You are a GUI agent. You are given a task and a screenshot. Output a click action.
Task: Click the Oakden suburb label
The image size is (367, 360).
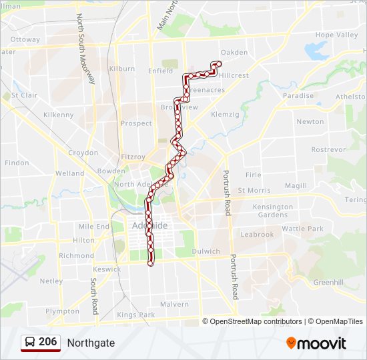(x=234, y=52)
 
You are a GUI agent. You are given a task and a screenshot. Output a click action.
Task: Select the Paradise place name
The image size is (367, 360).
(x=298, y=95)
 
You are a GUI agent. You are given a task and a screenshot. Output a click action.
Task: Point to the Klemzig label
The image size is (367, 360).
(x=225, y=115)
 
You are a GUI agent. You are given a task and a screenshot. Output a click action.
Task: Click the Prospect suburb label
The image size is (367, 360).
(x=136, y=123)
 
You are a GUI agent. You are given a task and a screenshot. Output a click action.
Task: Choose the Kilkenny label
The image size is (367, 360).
(x=59, y=115)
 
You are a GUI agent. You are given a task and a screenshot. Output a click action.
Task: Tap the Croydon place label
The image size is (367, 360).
(x=83, y=153)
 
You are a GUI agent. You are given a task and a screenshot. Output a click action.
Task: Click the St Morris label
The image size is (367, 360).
(x=254, y=190)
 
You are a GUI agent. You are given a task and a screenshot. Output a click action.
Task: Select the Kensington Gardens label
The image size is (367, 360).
(x=273, y=211)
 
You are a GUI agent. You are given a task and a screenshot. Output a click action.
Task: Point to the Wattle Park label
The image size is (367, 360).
(x=302, y=229)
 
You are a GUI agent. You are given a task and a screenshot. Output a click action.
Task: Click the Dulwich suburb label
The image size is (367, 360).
(x=206, y=251)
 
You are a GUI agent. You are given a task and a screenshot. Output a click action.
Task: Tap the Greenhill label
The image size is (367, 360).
(x=328, y=282)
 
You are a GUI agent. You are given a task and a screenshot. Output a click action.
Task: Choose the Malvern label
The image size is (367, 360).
(x=175, y=304)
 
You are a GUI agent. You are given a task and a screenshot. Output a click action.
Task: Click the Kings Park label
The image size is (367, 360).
(x=135, y=315)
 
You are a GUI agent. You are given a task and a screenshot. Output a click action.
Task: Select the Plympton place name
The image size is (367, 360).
(x=62, y=311)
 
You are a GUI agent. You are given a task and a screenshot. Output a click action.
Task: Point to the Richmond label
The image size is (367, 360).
(x=76, y=255)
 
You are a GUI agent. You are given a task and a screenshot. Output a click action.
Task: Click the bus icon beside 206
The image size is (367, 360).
(x=31, y=342)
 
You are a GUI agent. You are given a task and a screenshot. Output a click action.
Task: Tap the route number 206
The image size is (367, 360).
(x=47, y=342)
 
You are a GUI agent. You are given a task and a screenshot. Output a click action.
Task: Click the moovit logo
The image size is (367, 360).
(x=316, y=343)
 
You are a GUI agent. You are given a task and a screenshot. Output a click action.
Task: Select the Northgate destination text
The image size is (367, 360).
(x=91, y=343)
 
